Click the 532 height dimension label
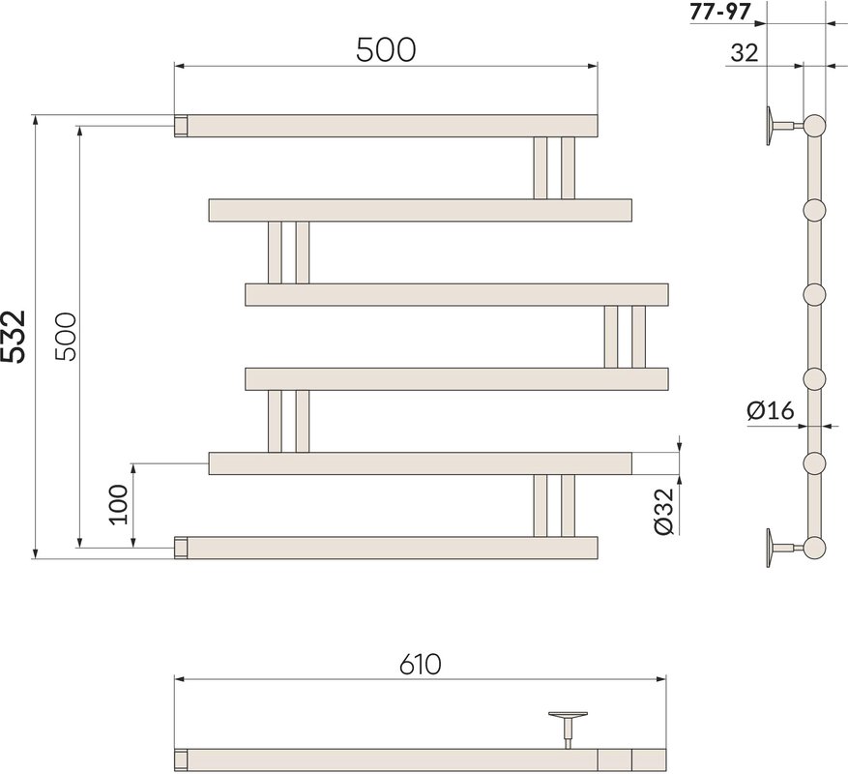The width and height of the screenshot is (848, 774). click(x=14, y=336)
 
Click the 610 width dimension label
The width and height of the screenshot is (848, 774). click(x=421, y=664)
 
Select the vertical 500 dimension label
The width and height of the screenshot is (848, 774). click(x=68, y=337)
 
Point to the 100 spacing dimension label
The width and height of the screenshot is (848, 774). click(x=119, y=504)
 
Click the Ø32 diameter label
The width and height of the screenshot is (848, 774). click(x=663, y=511)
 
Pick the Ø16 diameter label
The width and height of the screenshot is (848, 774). click(x=771, y=411)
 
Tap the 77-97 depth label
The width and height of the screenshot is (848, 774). click(x=721, y=12)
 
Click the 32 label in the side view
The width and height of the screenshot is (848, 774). click(x=745, y=53)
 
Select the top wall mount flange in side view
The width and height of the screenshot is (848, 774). click(x=770, y=126)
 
